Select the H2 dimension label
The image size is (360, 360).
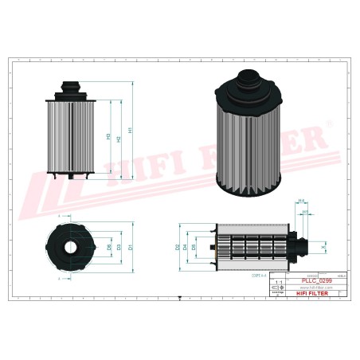[x=119, y=139]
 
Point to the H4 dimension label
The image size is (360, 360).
[x=301, y=201]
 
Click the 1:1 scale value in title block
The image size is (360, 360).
[x=277, y=283]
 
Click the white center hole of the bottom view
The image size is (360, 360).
[x=71, y=248]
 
